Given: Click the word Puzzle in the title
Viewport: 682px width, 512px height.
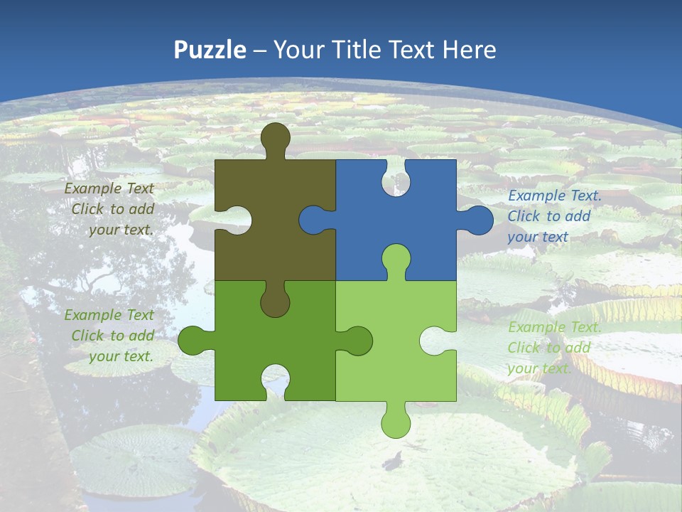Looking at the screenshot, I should point(210,50).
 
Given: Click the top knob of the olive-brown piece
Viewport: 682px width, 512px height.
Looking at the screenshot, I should point(275,139).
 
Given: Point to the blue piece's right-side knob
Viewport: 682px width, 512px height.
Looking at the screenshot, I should point(477,220).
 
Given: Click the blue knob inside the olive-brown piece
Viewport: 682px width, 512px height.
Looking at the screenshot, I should point(315,220).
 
